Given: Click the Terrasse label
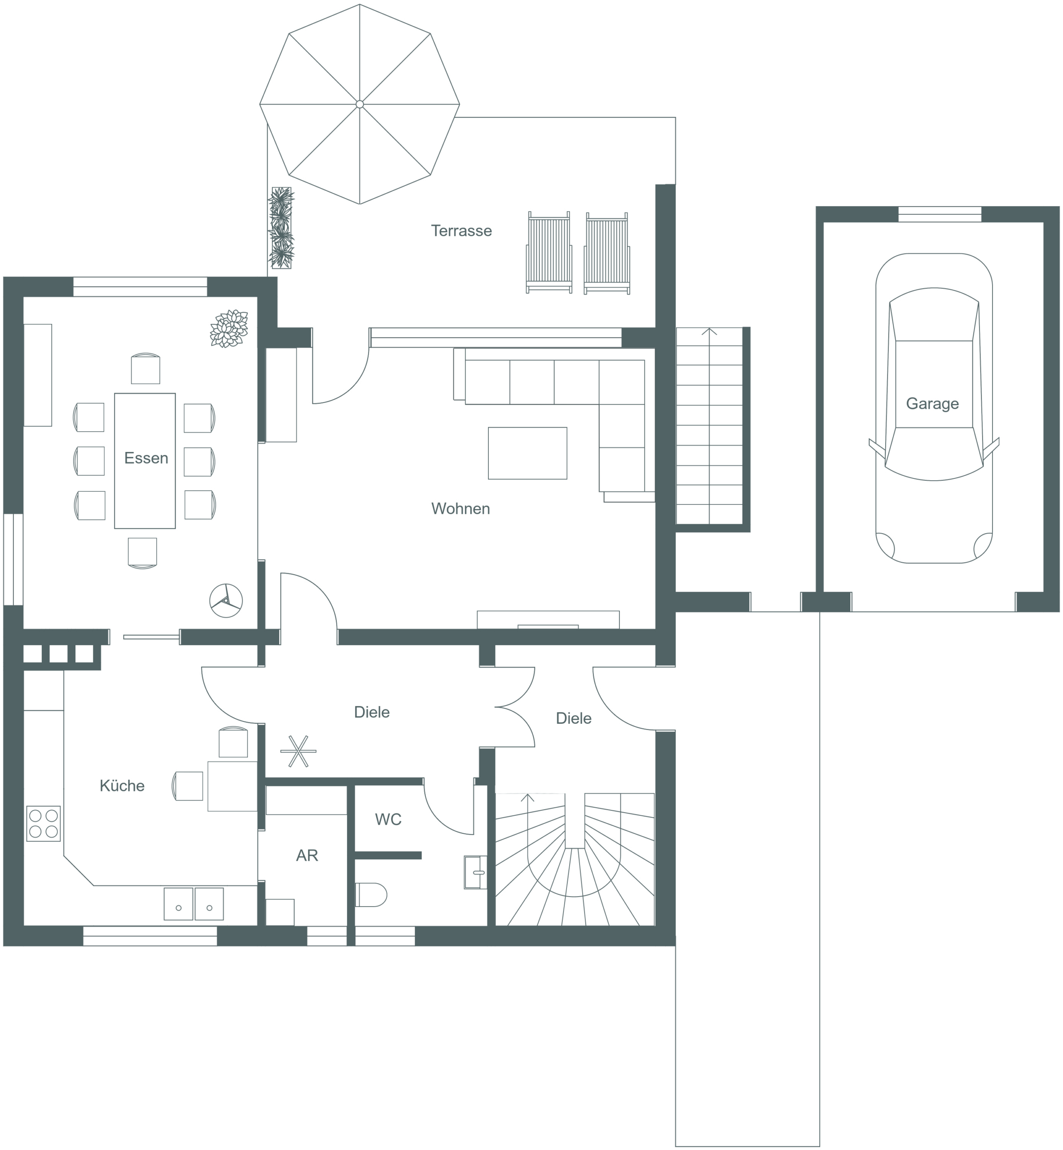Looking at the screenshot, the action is [461, 231].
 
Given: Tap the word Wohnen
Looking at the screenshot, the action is [460, 509].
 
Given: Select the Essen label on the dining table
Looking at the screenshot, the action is [146, 458].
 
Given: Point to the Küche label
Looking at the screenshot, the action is [122, 786].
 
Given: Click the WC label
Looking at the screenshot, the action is [388, 820].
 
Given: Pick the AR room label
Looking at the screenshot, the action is [307, 855].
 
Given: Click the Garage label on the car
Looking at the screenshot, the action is [932, 403].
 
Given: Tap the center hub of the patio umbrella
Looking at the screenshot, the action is [360, 104].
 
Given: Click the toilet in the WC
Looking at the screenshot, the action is [371, 894].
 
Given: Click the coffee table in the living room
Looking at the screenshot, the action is [527, 453].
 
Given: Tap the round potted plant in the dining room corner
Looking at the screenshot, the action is [229, 329].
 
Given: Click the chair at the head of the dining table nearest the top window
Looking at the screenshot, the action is [145, 368].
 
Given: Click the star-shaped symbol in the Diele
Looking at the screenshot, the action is [298, 751].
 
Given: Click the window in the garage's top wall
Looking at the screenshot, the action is [940, 214].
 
